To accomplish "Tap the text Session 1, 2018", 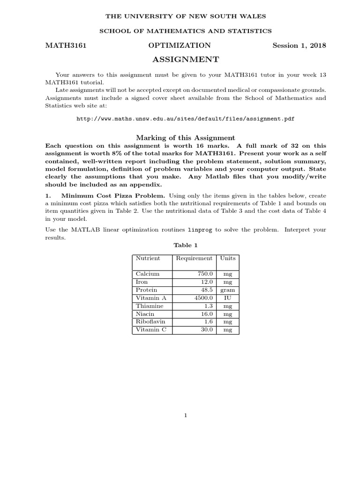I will [x=299, y=45].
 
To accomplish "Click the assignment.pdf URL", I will [x=186, y=119].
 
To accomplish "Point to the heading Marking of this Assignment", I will [x=186, y=138].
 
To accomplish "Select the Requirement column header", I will [x=194, y=258].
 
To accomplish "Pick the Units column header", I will [x=228, y=258].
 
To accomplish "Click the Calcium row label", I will [x=148, y=274].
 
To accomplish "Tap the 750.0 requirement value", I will [x=205, y=274].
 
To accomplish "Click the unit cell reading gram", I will [x=228, y=290].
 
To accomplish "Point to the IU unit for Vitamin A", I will [x=228, y=298].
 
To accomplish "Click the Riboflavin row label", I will [x=150, y=322].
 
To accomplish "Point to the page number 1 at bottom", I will [x=186, y=415].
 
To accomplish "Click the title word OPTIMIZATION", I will [x=180, y=45].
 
